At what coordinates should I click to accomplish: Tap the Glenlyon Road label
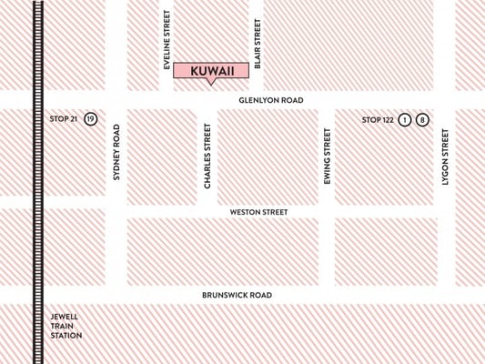pyautogui.click(x=271, y=100)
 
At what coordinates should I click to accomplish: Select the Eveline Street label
pyautogui.click(x=167, y=39)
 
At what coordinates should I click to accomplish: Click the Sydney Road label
pyautogui.click(x=116, y=152)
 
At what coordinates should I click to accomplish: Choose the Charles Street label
pyautogui.click(x=207, y=157)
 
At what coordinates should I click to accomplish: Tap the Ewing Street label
pyautogui.click(x=327, y=157)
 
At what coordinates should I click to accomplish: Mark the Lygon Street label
pyautogui.click(x=445, y=157)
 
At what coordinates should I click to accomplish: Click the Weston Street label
pyautogui.click(x=258, y=212)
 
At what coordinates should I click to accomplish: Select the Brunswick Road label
pyautogui.click(x=237, y=296)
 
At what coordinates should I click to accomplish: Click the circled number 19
pyautogui.click(x=90, y=119)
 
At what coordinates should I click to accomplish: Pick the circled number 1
pyautogui.click(x=404, y=119)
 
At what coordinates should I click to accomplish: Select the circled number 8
pyautogui.click(x=422, y=119)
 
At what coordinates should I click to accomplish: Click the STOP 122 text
pyautogui.click(x=377, y=119)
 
